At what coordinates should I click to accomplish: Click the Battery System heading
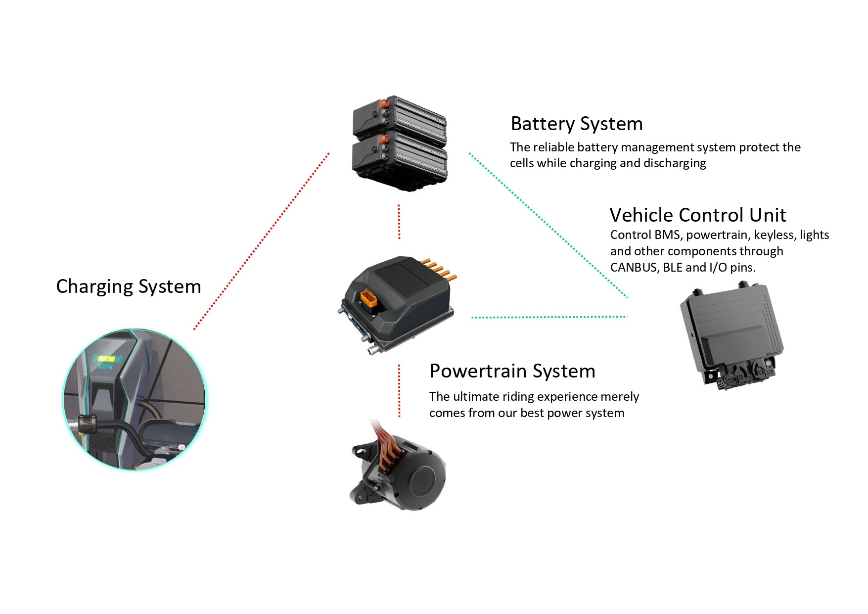(x=577, y=124)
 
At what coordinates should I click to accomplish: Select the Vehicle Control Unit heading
(x=697, y=215)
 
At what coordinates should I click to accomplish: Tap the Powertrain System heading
(x=512, y=371)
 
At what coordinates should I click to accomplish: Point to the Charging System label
(x=129, y=286)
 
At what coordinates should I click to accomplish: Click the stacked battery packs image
(x=400, y=143)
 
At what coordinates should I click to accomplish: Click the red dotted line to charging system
(x=261, y=241)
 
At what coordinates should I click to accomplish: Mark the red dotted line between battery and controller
(x=399, y=222)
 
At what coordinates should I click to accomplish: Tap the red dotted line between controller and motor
(x=399, y=391)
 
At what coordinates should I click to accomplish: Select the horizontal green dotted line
(x=549, y=317)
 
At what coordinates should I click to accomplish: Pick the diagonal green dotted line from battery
(x=548, y=226)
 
